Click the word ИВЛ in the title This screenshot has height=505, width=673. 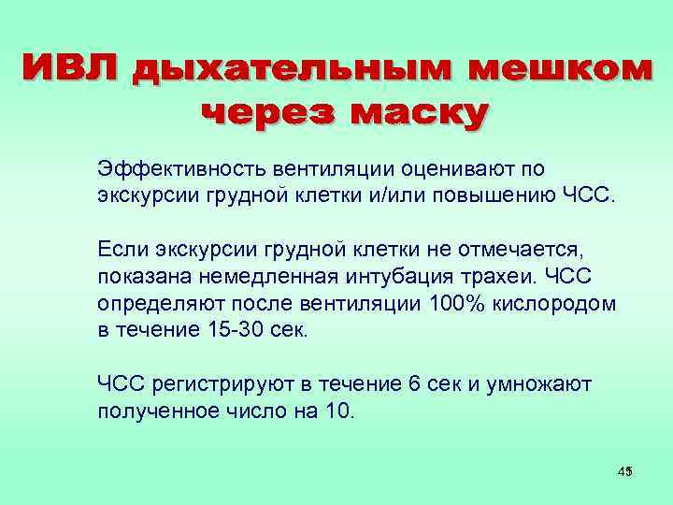[70, 69]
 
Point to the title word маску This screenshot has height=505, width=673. [419, 113]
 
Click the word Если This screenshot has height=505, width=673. [122, 248]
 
